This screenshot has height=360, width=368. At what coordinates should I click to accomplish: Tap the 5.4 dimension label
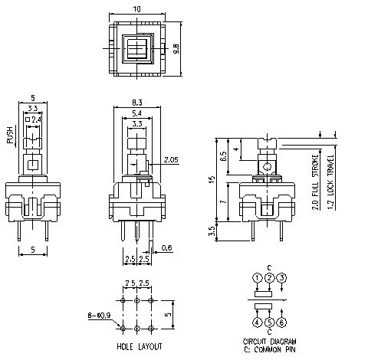pos(136,113)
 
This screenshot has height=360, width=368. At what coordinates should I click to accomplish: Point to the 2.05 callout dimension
pos(172,160)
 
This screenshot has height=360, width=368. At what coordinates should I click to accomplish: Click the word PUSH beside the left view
pos(9,136)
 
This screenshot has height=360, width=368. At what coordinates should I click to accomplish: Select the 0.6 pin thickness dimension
pos(168,247)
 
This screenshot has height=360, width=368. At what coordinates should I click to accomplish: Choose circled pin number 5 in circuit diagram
pos(269,322)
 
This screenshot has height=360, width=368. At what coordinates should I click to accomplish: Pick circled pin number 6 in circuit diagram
pos(282,322)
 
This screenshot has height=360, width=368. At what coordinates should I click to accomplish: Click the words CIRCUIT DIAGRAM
pos(270,341)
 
